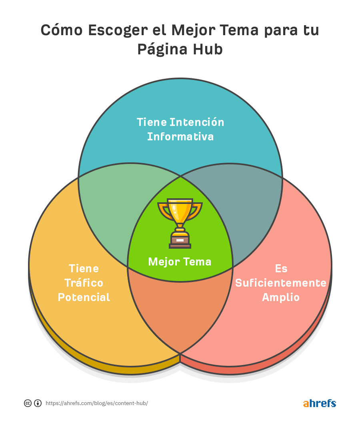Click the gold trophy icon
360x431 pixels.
180,223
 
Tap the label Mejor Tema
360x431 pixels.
180,261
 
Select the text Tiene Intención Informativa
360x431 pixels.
180,129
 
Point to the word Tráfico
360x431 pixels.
84,283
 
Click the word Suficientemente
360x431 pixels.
281,283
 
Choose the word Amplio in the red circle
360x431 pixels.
281,297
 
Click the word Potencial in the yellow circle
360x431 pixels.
84,297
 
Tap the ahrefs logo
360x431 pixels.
320,403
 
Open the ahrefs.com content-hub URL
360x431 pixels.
97,403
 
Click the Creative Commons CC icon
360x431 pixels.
28,403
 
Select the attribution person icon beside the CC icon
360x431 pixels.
38,403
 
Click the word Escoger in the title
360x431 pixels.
118,30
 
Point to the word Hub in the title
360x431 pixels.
208,50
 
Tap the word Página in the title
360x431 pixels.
162,50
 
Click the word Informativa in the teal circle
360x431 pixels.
180,137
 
